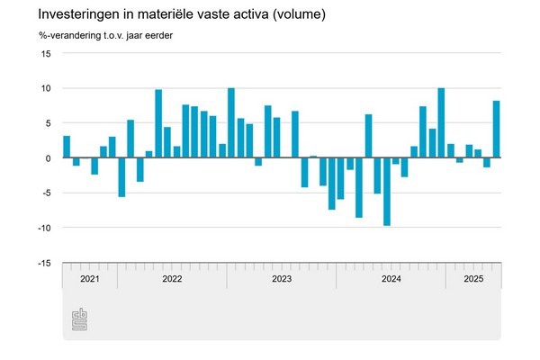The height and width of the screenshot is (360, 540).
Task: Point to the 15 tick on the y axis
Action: [46, 54]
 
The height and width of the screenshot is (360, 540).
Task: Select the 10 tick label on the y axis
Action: [46, 88]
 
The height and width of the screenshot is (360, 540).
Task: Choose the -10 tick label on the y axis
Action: [44, 228]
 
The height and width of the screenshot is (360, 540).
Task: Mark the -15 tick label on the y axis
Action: [44, 263]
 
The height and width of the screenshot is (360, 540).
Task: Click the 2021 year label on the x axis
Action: [90, 280]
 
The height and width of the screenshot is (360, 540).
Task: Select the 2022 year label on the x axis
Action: [172, 280]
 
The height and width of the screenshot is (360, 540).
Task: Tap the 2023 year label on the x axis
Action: [282, 280]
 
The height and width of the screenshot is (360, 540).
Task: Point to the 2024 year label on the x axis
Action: [391, 280]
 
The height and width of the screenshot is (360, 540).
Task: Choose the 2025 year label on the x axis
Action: [473, 280]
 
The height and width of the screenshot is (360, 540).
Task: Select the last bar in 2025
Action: [496, 129]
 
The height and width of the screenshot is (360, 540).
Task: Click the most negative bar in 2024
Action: [387, 192]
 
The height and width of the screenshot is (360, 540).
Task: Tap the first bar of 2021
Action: [67, 147]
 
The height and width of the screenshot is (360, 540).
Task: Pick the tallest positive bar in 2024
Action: [441, 123]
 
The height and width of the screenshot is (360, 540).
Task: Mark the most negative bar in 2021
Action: [121, 177]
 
